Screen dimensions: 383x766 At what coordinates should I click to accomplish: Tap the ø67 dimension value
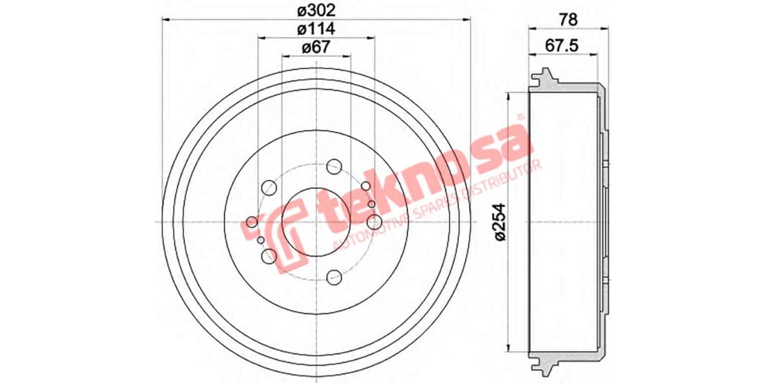point(315,47)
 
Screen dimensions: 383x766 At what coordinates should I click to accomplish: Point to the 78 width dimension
point(567,19)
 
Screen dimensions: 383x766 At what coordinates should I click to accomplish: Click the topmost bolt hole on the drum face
point(333,167)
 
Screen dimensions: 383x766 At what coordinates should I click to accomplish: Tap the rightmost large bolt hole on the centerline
point(374,222)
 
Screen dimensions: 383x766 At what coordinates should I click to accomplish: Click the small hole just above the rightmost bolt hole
point(365,186)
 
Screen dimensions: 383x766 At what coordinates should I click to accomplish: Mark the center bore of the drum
point(316,222)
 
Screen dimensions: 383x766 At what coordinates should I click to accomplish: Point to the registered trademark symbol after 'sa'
point(520,118)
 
